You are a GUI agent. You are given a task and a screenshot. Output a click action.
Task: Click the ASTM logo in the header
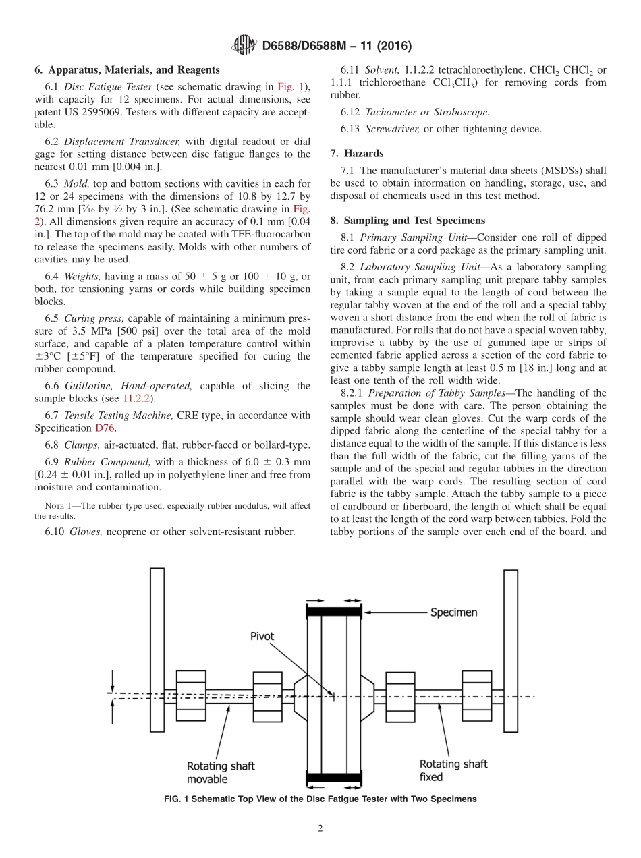pyautogui.click(x=244, y=45)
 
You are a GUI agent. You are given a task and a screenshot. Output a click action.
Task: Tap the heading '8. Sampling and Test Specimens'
pyautogui.click(x=411, y=221)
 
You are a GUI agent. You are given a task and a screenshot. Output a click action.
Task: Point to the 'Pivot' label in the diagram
pyautogui.click(x=262, y=636)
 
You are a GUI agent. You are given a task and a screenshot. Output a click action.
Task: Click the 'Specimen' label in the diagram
pyautogui.click(x=454, y=612)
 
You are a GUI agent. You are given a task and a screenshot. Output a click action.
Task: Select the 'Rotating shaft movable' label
pyautogui.click(x=221, y=772)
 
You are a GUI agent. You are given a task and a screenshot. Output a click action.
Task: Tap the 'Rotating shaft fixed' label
pyautogui.click(x=453, y=770)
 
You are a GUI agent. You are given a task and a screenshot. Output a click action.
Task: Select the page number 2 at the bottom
pyautogui.click(x=320, y=828)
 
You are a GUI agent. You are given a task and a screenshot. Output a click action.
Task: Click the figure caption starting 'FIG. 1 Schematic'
pyautogui.click(x=320, y=799)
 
